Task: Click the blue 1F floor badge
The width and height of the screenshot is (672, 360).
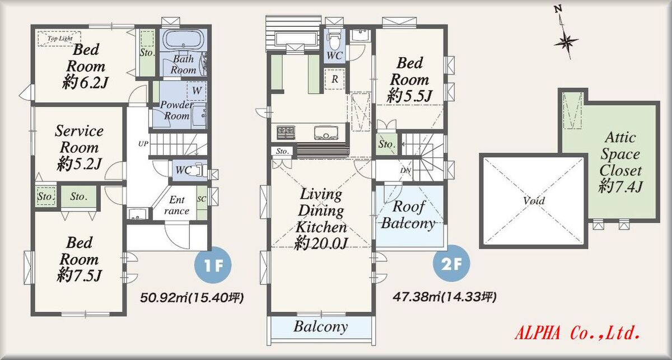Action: pyautogui.click(x=213, y=265)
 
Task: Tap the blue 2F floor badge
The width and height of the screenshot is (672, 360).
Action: pyautogui.click(x=451, y=263)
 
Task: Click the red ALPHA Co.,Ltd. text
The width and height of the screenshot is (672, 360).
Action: pyautogui.click(x=577, y=333)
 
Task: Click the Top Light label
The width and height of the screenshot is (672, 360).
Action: pyautogui.click(x=60, y=39)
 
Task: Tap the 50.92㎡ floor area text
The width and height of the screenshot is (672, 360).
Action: pyautogui.click(x=192, y=298)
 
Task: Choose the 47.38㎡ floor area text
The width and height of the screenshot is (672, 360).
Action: pyautogui.click(x=445, y=297)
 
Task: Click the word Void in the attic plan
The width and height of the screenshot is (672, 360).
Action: pyautogui.click(x=534, y=200)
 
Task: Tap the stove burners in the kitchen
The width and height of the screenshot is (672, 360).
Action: pyautogui.click(x=286, y=132)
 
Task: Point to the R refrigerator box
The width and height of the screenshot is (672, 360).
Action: pyautogui.click(x=334, y=79)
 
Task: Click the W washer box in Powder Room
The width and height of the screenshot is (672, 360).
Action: pyautogui.click(x=197, y=91)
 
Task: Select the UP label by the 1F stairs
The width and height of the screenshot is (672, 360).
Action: pyautogui.click(x=143, y=144)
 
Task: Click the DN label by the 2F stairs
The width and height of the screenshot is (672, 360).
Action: pyautogui.click(x=405, y=170)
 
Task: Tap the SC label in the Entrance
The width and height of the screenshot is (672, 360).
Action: pyautogui.click(x=202, y=199)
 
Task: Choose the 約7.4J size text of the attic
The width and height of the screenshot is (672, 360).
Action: pyautogui.click(x=620, y=186)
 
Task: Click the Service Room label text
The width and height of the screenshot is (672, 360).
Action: pyautogui.click(x=79, y=139)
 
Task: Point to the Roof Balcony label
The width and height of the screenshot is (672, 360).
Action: pyautogui.click(x=408, y=214)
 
